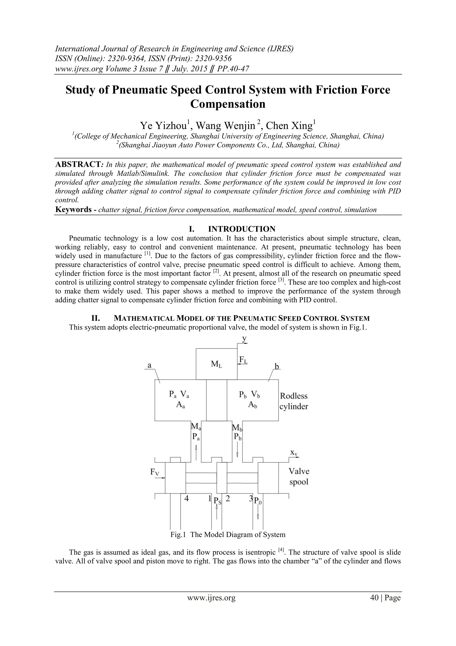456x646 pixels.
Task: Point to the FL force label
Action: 243,360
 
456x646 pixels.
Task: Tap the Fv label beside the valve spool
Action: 155,472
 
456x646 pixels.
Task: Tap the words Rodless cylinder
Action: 294,401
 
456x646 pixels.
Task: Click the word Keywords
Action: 74,210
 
